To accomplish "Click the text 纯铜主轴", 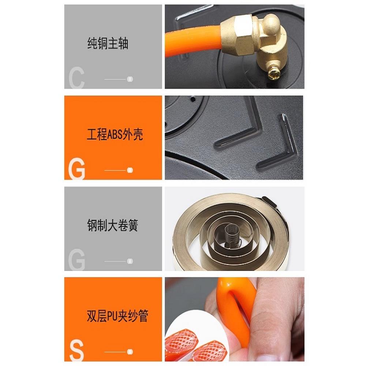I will [108, 44].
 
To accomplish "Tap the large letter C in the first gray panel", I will [76, 78].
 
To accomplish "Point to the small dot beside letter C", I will [130, 79].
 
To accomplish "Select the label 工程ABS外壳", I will [115, 135].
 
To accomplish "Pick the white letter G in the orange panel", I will [76, 169].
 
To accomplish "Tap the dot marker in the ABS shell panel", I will [130, 170].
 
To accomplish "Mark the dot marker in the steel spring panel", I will [130, 261].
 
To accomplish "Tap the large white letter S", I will [76, 351].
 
